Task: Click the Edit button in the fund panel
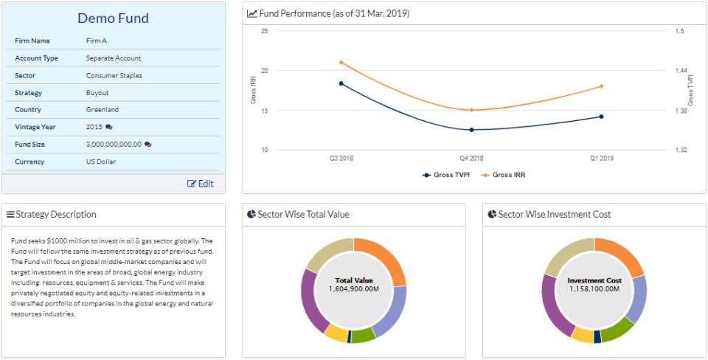point(201,184)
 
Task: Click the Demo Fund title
point(113,18)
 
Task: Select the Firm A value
point(96,41)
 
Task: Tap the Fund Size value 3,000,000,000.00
point(114,145)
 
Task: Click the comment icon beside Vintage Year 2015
point(109,127)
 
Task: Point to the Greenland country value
point(103,110)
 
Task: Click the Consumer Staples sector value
point(114,75)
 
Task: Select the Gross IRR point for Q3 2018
point(341,62)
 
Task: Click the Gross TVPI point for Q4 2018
point(471,130)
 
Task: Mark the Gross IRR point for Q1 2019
point(602,86)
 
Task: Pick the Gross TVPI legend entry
point(446,175)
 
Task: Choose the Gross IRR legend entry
point(504,175)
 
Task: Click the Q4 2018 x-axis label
point(471,159)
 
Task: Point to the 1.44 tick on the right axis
point(681,71)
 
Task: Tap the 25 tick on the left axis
point(265,31)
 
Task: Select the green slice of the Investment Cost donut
point(619,329)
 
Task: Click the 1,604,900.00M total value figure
point(354,288)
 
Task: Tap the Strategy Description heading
point(56,214)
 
